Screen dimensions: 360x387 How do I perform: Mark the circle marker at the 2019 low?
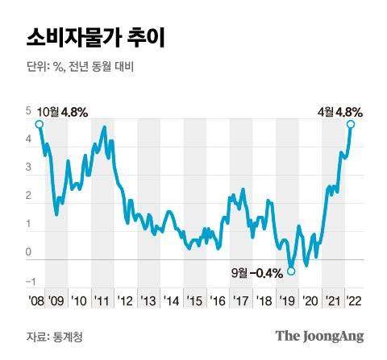(x=291, y=271)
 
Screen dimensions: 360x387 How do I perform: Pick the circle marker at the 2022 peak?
(x=351, y=124)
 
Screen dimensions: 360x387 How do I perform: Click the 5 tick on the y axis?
(x=28, y=111)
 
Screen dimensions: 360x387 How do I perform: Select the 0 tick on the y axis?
(x=28, y=253)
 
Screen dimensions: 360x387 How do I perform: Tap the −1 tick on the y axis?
(x=29, y=281)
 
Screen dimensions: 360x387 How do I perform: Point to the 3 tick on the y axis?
(x=28, y=168)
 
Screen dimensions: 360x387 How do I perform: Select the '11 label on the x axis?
(x=102, y=300)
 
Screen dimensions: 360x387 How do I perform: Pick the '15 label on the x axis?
(x=194, y=300)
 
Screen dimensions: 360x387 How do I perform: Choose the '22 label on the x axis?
(x=352, y=300)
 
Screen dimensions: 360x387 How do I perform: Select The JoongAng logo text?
(x=319, y=336)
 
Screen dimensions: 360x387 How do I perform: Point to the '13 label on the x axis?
(x=148, y=300)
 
